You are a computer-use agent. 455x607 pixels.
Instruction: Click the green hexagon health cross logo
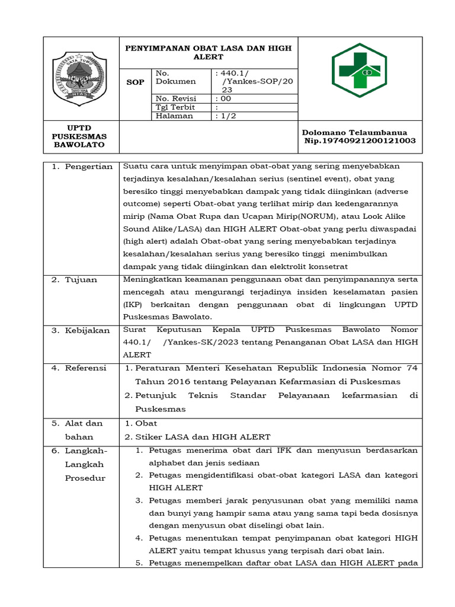359,71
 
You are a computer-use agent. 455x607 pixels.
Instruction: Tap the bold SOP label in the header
136,82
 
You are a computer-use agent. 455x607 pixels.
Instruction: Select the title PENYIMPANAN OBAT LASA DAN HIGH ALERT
207,52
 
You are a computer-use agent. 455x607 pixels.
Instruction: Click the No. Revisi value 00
223,98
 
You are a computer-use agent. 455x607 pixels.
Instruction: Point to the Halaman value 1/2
225,116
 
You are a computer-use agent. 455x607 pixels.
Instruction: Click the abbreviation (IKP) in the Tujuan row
133,304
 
